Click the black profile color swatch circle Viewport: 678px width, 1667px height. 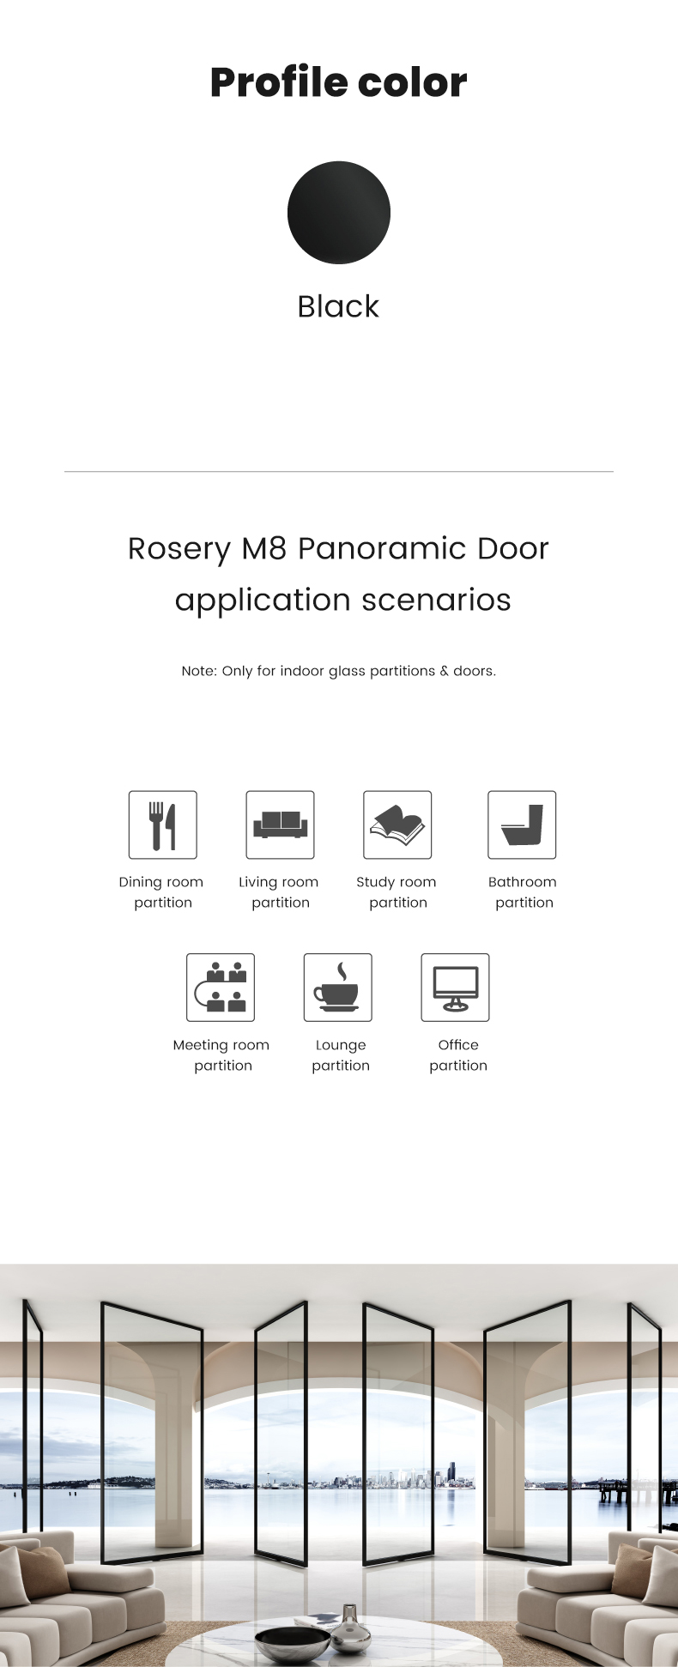(x=338, y=212)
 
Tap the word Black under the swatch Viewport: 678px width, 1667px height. (x=338, y=306)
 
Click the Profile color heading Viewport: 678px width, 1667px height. (x=338, y=82)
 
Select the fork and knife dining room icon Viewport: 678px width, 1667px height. (x=163, y=824)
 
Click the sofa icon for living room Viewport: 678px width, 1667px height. (x=280, y=824)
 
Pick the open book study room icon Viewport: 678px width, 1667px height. (x=397, y=824)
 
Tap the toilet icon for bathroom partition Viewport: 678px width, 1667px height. (x=522, y=824)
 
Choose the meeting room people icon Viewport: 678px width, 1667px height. (x=221, y=988)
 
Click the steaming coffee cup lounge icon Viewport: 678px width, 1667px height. (x=338, y=988)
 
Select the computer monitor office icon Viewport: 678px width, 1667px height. (x=455, y=988)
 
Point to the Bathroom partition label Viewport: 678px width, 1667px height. (x=523, y=892)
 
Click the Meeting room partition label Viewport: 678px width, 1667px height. (x=221, y=1055)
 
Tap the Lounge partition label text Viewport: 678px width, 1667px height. (x=341, y=1055)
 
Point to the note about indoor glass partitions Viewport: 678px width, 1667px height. (x=338, y=671)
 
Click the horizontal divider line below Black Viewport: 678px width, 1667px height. (x=338, y=471)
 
